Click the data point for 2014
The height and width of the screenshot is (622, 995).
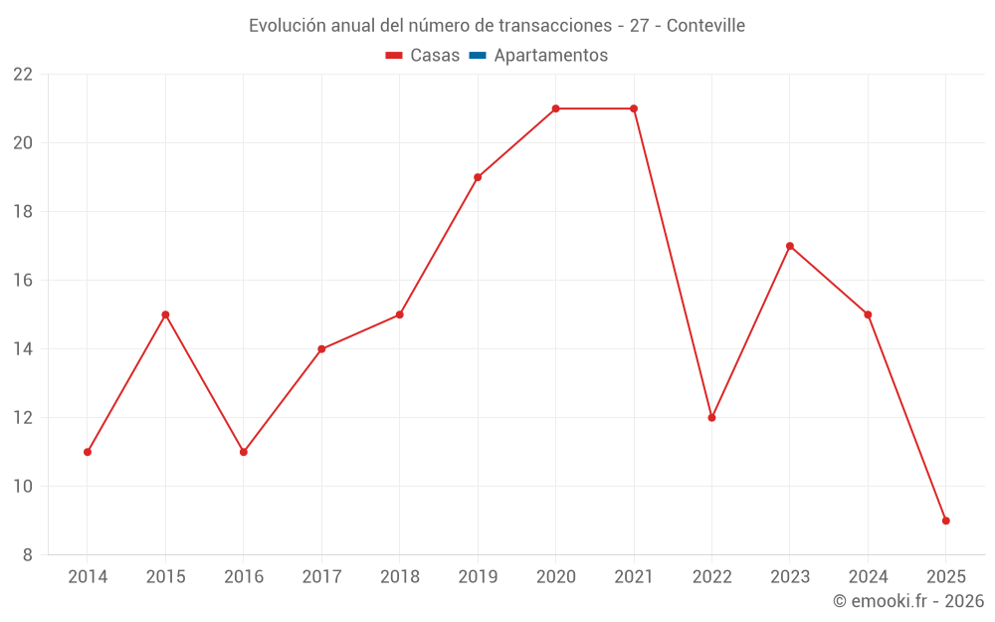point(88,452)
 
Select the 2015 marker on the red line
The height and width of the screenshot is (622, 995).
point(165,314)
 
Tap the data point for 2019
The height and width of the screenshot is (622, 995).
point(478,177)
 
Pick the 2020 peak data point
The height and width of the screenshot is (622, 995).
point(555,108)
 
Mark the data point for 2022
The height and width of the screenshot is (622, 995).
point(711,418)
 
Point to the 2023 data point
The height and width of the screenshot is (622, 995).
point(790,246)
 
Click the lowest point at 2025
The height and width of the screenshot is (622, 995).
point(945,520)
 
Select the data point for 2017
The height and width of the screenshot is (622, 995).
point(321,349)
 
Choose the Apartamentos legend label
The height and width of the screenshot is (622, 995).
point(550,56)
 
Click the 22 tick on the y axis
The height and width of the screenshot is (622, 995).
point(23,75)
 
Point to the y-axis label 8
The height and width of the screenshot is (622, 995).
point(28,555)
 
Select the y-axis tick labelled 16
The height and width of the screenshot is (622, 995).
point(23,281)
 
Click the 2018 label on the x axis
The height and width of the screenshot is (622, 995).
point(399,577)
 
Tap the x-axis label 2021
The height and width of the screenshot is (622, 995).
point(634,577)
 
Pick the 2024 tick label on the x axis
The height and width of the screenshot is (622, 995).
point(868,577)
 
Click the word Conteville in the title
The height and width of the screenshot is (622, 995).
point(705,26)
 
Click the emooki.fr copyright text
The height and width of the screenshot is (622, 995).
point(908,601)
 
